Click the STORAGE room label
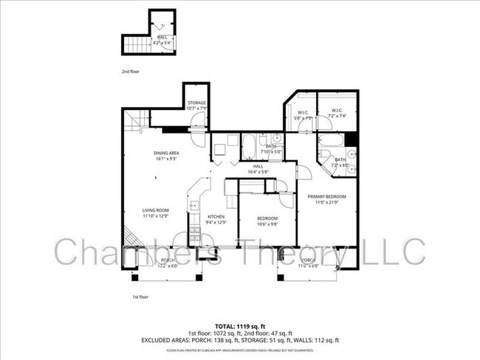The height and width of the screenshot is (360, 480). (x=196, y=103)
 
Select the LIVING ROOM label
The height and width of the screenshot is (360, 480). (x=156, y=211)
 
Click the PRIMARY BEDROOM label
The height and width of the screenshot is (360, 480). (x=326, y=195)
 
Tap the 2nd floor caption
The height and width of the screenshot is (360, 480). (x=130, y=72)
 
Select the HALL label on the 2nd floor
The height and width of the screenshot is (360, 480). (x=161, y=38)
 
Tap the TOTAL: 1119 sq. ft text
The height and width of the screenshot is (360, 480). (x=240, y=325)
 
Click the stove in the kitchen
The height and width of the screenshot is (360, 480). (x=196, y=234)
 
